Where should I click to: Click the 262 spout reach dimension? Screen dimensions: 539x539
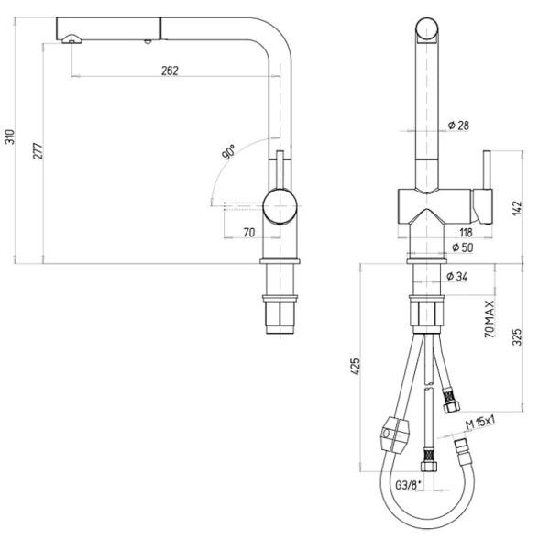pos(170,71)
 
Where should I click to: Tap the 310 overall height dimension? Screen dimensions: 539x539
pos(10,137)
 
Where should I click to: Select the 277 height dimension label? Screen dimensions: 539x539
pos(38,150)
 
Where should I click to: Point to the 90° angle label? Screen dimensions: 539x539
pos(228,151)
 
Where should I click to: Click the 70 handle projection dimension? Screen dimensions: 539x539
pos(249,233)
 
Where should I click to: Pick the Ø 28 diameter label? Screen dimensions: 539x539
pos(458,125)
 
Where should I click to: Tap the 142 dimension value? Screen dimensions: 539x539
pos(517,208)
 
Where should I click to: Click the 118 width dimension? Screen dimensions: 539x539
pos(466,233)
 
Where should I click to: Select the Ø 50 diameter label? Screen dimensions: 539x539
pos(462,247)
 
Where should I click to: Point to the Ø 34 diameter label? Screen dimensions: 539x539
pos(456,276)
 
